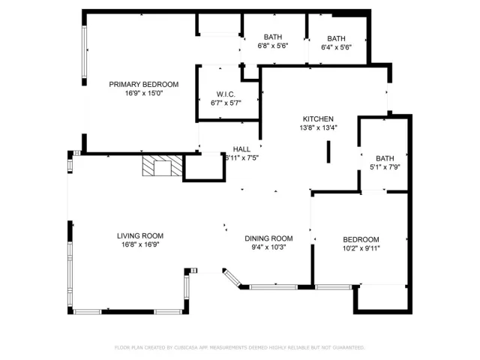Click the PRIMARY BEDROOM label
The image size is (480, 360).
tap(144, 84)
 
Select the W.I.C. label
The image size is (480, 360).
tap(226, 94)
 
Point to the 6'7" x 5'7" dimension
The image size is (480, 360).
tap(226, 103)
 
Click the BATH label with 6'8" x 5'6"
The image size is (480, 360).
tap(272, 38)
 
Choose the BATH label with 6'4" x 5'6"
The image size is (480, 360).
tap(336, 38)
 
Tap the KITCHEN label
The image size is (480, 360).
tap(318, 118)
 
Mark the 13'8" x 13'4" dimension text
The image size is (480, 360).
tap(318, 127)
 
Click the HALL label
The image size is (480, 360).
tap(241, 149)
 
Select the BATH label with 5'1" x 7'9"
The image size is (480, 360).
tap(385, 158)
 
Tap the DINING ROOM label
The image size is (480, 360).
tap(268, 238)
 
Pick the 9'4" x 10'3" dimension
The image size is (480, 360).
tap(268, 247)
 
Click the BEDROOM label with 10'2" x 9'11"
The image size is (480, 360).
tap(361, 238)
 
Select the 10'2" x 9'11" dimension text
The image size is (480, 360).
tap(361, 247)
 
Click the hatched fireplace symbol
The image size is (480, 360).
tap(163, 166)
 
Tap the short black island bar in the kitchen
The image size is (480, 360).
tap(328, 151)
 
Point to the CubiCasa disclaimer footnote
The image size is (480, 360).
tap(240, 347)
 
